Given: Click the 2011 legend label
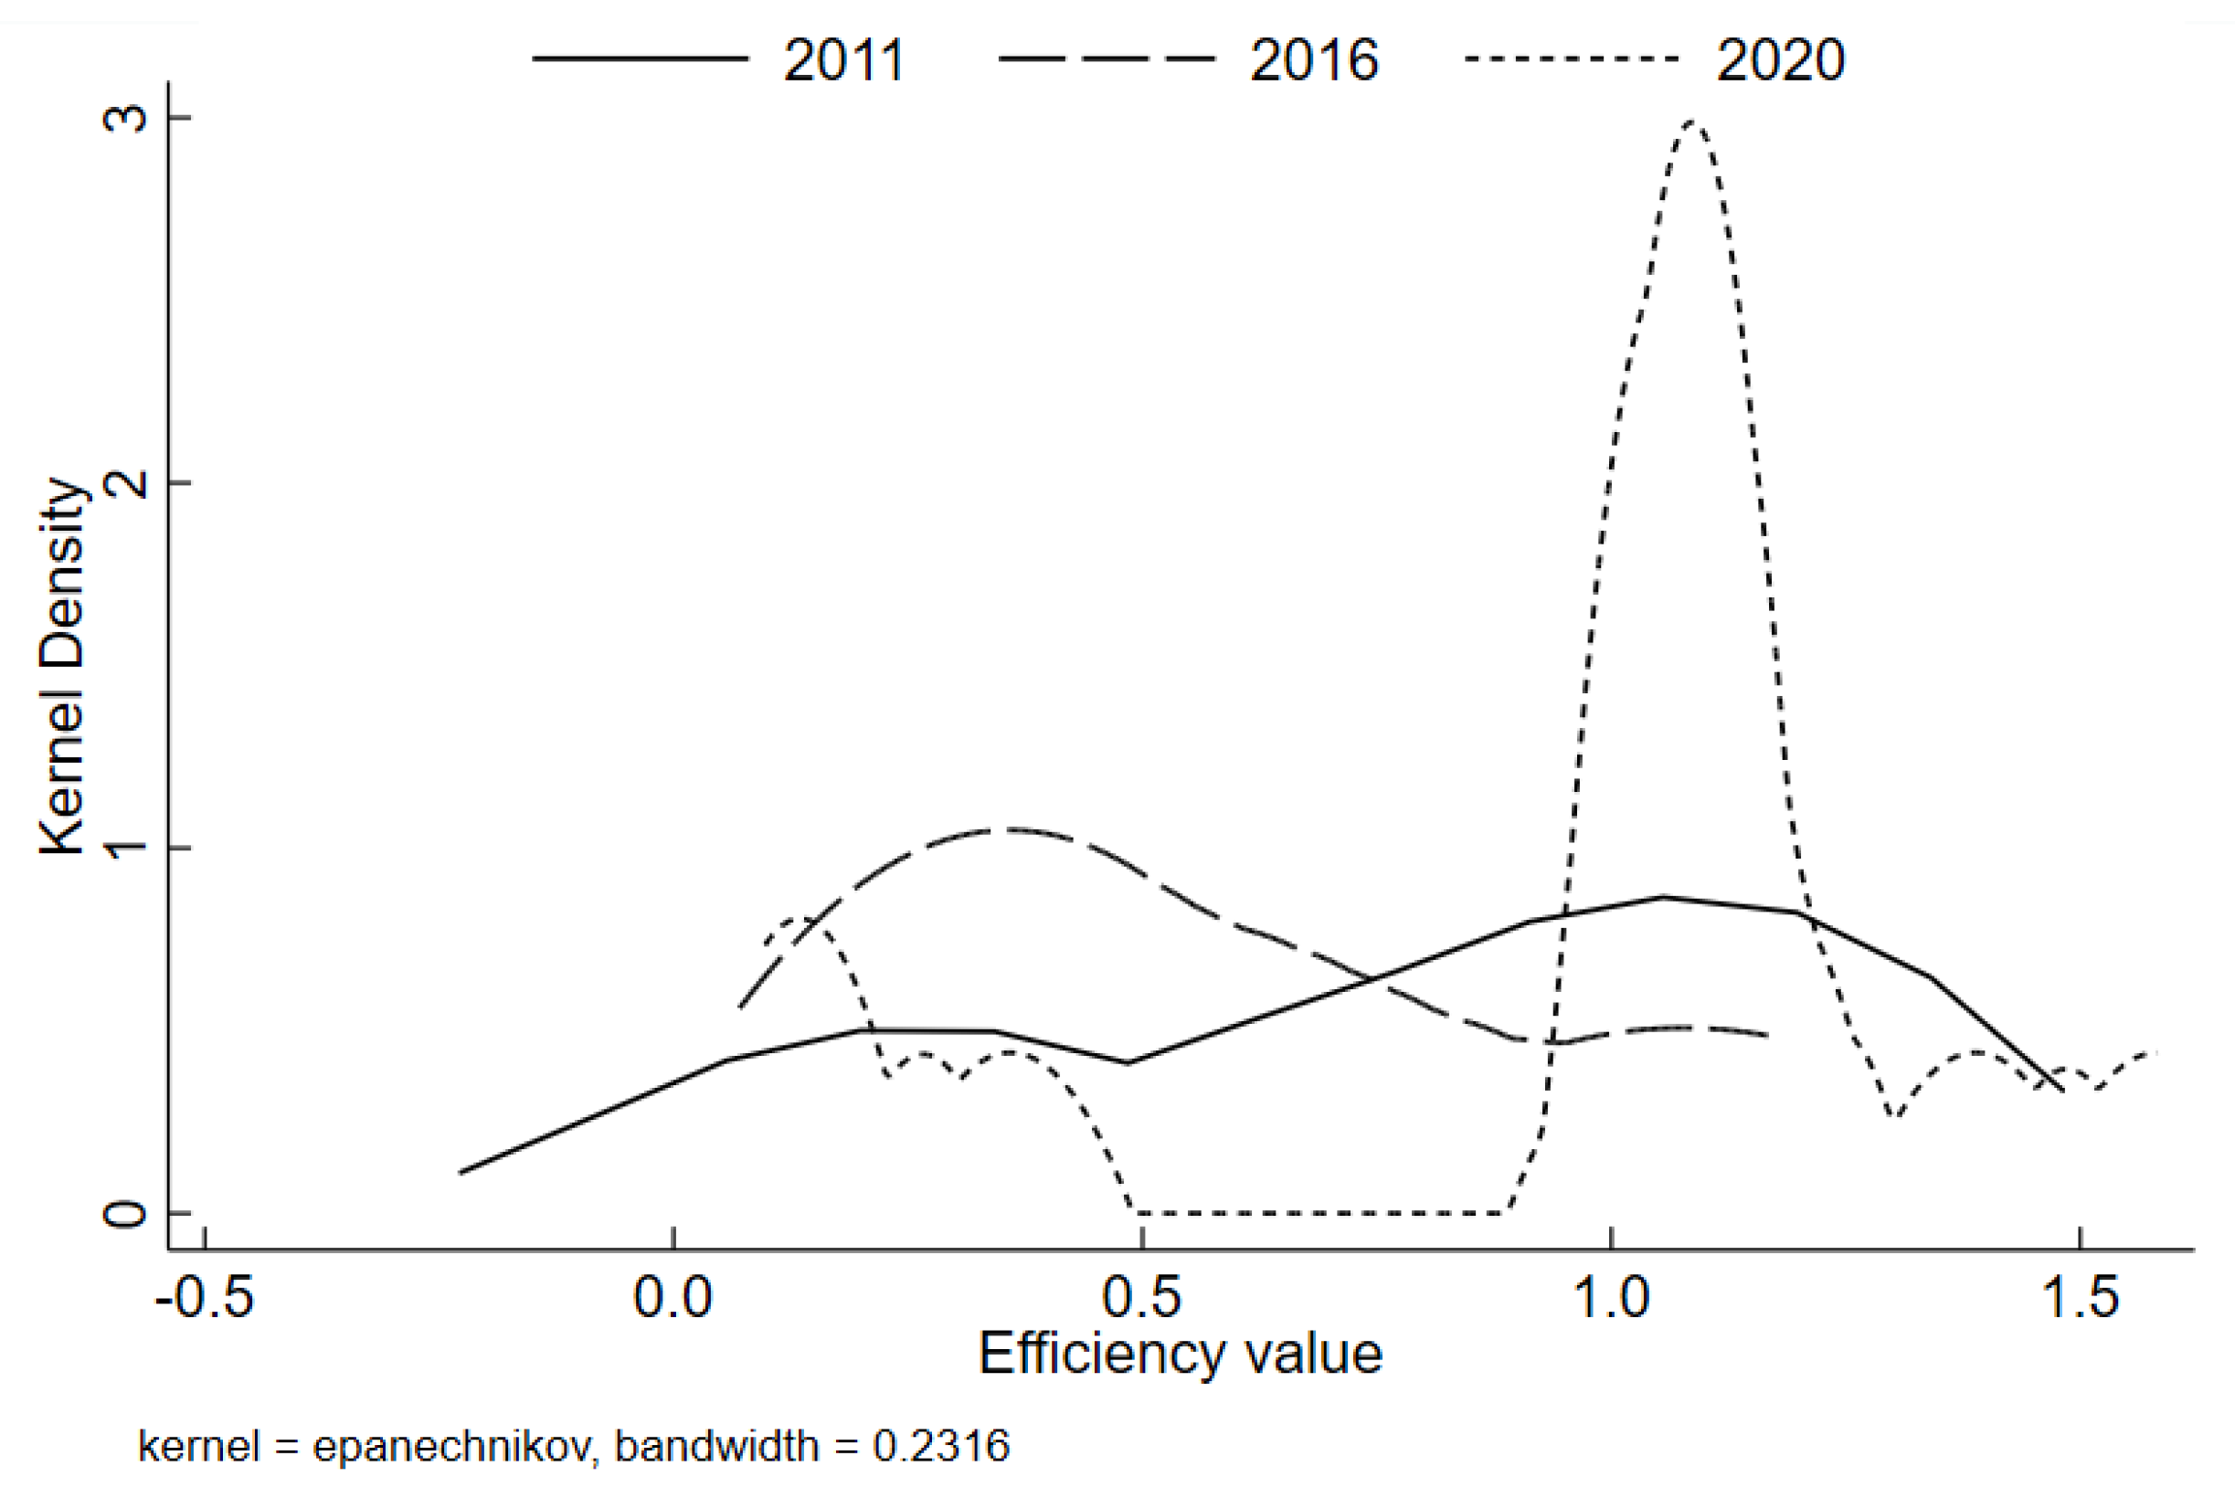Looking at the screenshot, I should click(842, 60).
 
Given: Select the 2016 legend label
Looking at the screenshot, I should click(1314, 60).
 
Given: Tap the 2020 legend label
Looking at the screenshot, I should click(1780, 60).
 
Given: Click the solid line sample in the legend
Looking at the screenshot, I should click(641, 59).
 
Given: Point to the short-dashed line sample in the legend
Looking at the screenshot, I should click(1571, 59).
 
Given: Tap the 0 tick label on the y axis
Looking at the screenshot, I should click(125, 1214).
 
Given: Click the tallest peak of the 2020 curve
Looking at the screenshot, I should click(1693, 121).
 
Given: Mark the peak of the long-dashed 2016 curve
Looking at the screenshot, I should click(999, 829).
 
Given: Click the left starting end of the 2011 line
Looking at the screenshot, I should click(461, 1172).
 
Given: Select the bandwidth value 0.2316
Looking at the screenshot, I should click(941, 1447).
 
